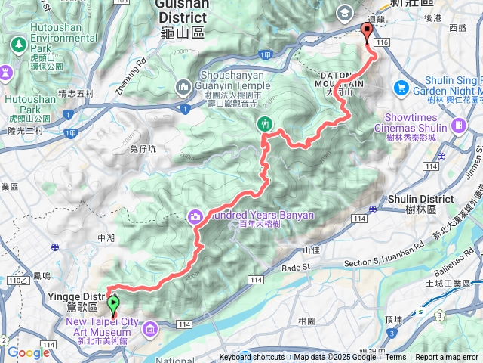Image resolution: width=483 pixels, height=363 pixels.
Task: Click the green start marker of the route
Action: pos(114,306)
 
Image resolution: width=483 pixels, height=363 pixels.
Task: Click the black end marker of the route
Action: pos(368,32)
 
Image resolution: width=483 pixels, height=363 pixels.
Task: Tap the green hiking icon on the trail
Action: pos(265,123)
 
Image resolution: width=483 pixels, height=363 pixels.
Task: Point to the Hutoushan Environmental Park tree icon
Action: pos(17,45)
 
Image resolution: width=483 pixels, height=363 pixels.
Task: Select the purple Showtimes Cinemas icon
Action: pos(458,123)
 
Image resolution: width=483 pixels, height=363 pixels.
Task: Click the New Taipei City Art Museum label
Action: pos(102,327)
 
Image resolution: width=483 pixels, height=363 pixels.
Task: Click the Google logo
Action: pos(28,352)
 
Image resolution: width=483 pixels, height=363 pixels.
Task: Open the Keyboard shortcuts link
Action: pos(252,358)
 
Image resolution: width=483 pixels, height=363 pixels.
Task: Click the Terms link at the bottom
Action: pos(395,358)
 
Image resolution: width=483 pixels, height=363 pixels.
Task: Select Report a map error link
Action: pos(447,358)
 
